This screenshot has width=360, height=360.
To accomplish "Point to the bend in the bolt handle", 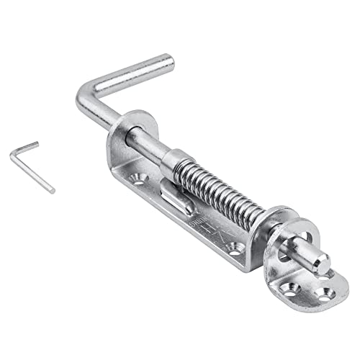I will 84,99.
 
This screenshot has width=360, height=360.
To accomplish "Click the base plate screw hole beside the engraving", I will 233,248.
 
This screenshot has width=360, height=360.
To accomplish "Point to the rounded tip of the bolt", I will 322,261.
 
